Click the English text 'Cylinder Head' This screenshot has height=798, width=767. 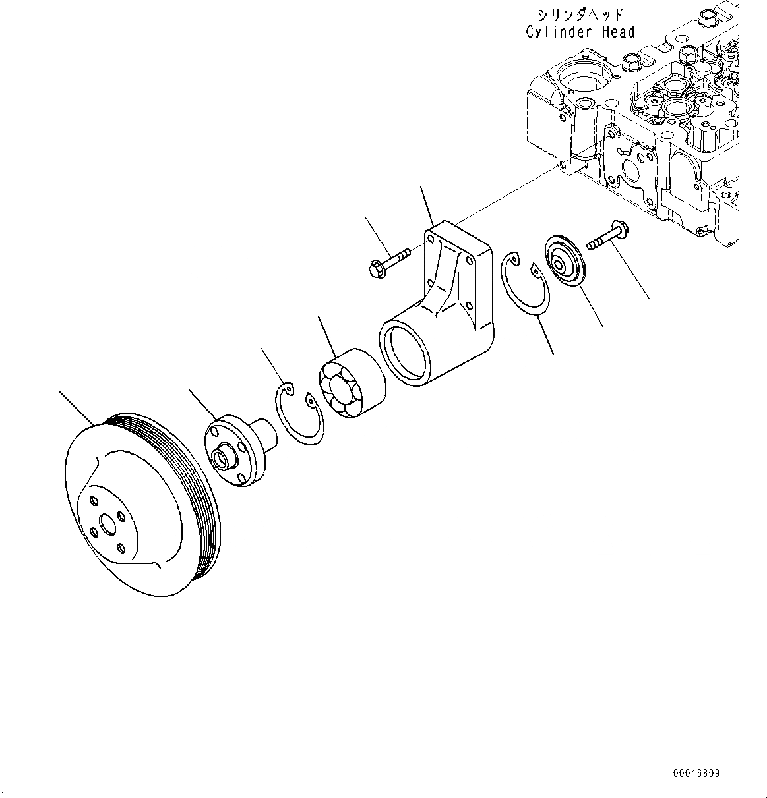[580, 32]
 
